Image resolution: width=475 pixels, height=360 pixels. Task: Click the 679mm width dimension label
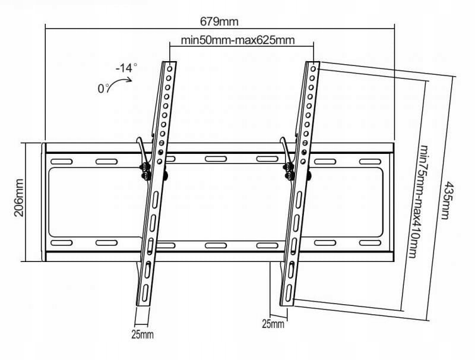pyautogui.click(x=219, y=22)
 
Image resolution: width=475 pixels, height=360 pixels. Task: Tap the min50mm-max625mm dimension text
pyautogui.click(x=237, y=40)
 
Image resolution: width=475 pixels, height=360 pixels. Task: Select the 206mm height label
pyautogui.click(x=19, y=198)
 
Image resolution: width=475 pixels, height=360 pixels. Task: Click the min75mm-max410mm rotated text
pyautogui.click(x=417, y=201)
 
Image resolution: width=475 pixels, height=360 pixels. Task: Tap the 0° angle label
pyautogui.click(x=103, y=89)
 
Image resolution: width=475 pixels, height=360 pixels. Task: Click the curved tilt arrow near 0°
pyautogui.click(x=118, y=82)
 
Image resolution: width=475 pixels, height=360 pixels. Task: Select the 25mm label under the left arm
pyautogui.click(x=142, y=334)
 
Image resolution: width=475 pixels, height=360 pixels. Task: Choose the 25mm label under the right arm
pyautogui.click(x=273, y=324)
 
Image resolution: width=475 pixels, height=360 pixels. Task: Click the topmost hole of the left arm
pyautogui.click(x=170, y=69)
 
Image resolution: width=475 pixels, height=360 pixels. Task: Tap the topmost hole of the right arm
pyautogui.click(x=313, y=69)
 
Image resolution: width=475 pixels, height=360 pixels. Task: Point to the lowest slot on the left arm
pyautogui.click(x=145, y=292)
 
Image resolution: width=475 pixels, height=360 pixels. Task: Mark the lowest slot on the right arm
pyautogui.click(x=289, y=293)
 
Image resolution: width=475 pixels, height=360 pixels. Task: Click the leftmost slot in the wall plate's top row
pyautogui.click(x=62, y=162)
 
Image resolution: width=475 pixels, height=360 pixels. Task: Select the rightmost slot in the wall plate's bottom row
pyautogui.click(x=370, y=243)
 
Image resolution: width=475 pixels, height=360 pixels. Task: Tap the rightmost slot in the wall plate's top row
pyautogui.click(x=370, y=162)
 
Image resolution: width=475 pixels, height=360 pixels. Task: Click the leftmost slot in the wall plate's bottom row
pyautogui.click(x=62, y=243)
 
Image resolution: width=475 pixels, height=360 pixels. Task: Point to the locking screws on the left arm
pyautogui.click(x=146, y=172)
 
